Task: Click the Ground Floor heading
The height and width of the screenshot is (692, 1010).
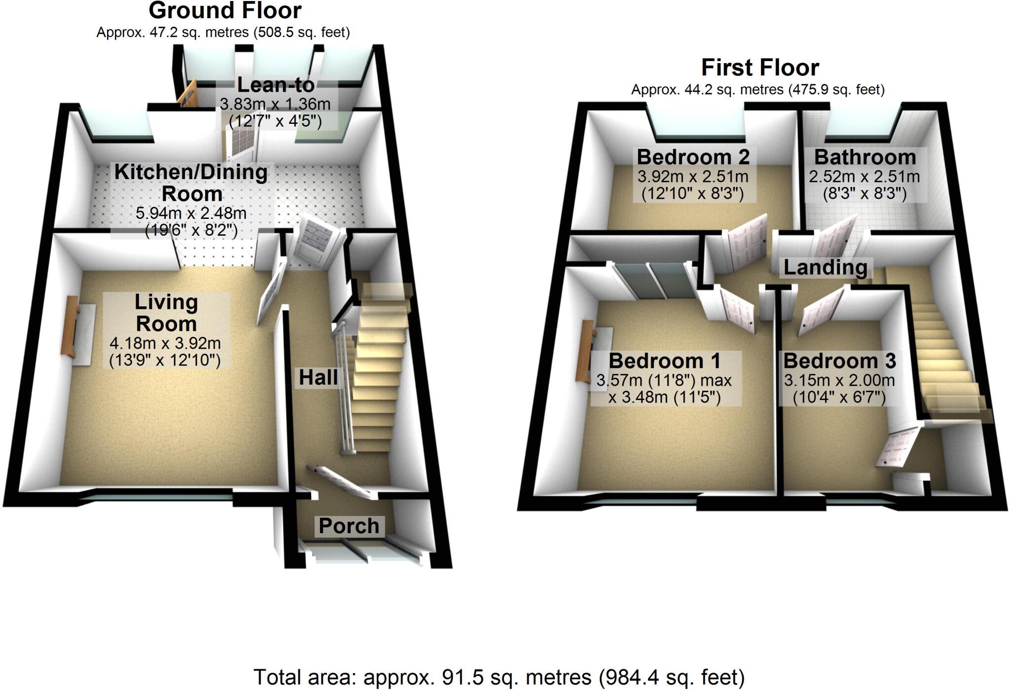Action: tap(225, 11)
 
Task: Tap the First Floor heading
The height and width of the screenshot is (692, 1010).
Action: tap(760, 68)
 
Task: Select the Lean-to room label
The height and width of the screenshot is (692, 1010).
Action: tap(276, 85)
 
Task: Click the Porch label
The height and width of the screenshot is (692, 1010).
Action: tap(349, 526)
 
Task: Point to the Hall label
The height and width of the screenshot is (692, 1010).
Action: tap(319, 378)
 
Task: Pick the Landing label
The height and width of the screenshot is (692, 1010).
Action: tap(825, 267)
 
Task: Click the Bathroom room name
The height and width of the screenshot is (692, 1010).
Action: tap(865, 157)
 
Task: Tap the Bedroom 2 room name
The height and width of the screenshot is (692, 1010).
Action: tap(693, 157)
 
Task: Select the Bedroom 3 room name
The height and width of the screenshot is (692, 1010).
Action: tap(839, 361)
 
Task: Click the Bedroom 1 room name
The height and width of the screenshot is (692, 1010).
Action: tap(665, 361)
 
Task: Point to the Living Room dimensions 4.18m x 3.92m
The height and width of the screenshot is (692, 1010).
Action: tap(165, 343)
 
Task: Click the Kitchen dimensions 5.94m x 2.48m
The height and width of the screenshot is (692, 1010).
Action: tap(191, 214)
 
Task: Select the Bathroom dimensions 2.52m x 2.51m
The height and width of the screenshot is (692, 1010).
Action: tap(864, 177)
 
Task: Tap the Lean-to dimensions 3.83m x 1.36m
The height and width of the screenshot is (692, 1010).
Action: tap(275, 105)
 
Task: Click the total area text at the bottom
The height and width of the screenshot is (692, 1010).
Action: tap(499, 678)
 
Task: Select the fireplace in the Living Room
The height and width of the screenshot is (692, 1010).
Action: tap(70, 327)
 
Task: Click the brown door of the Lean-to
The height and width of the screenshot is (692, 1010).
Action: tap(187, 95)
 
